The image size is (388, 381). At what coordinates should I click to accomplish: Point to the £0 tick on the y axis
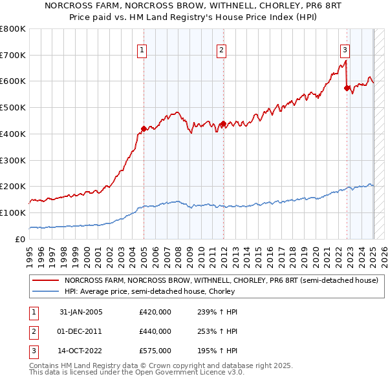click(x=21, y=239)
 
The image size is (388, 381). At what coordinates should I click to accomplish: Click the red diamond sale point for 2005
click(x=144, y=129)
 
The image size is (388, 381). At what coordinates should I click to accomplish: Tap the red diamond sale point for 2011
click(x=223, y=123)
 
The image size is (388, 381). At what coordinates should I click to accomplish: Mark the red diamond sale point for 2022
click(x=347, y=88)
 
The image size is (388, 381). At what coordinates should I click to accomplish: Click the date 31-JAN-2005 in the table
click(x=81, y=312)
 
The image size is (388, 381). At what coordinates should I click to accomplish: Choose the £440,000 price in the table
click(x=155, y=331)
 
